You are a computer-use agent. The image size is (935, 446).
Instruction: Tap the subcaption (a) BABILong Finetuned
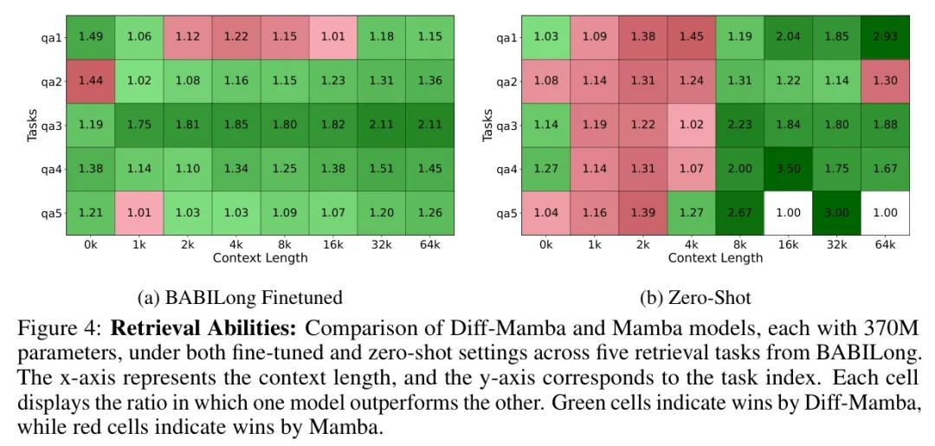pyautogui.click(x=240, y=297)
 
